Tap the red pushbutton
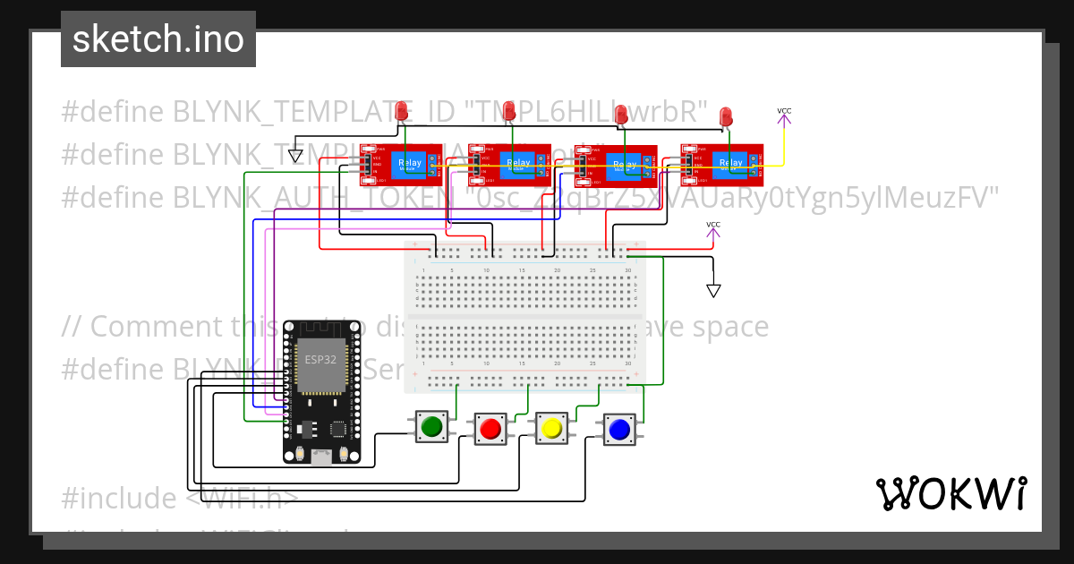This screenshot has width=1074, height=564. [x=490, y=429]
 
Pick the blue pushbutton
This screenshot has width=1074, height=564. [x=618, y=430]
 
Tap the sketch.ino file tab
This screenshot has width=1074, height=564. [x=158, y=39]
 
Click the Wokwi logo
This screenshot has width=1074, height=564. [x=950, y=493]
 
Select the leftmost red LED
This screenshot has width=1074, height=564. [x=404, y=112]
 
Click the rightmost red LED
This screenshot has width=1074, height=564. [x=725, y=115]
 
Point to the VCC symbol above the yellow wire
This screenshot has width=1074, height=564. [x=784, y=114]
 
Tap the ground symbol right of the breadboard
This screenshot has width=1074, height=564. [x=713, y=290]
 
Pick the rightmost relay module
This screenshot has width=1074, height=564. [x=721, y=164]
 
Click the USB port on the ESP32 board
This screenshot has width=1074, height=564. [x=320, y=457]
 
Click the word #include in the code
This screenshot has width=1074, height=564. [x=118, y=498]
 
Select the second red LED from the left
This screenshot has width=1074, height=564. [x=509, y=111]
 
